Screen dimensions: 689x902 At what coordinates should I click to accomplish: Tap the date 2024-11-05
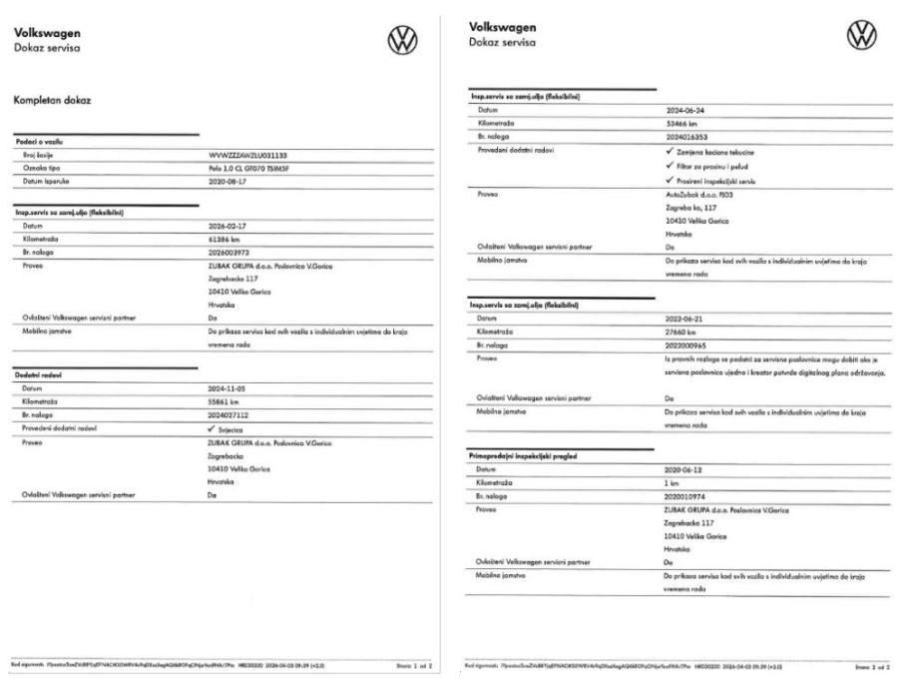pos(223,385)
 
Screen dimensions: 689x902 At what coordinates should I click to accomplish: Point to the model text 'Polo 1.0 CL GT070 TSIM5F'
pos(247,169)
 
